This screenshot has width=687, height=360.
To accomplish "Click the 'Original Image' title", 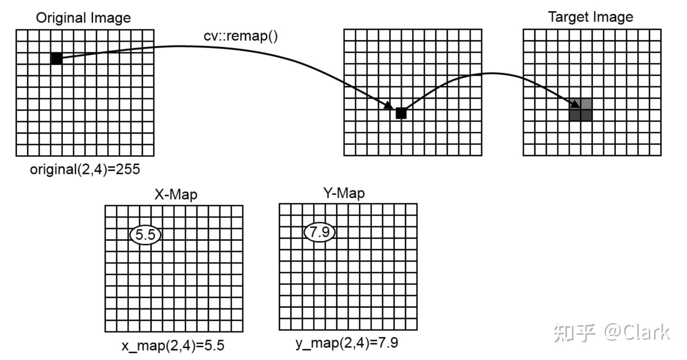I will [x=83, y=18].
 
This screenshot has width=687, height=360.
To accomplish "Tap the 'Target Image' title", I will [x=590, y=17].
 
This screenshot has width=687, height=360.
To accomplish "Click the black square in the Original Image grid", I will [x=57, y=58].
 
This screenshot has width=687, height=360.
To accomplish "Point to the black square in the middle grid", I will [x=401, y=114].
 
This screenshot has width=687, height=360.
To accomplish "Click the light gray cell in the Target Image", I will [x=587, y=104].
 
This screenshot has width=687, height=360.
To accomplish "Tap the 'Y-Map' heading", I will [x=344, y=193].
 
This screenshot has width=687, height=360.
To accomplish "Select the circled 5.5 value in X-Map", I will [x=145, y=235].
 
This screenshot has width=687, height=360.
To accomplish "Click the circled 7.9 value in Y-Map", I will [x=320, y=232].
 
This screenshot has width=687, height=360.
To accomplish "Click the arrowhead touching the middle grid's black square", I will [x=389, y=106].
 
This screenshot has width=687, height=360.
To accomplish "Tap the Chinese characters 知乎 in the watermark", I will [x=574, y=332].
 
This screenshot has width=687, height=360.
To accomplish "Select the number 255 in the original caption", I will [x=127, y=169].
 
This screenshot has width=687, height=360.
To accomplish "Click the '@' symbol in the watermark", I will [x=614, y=332].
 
